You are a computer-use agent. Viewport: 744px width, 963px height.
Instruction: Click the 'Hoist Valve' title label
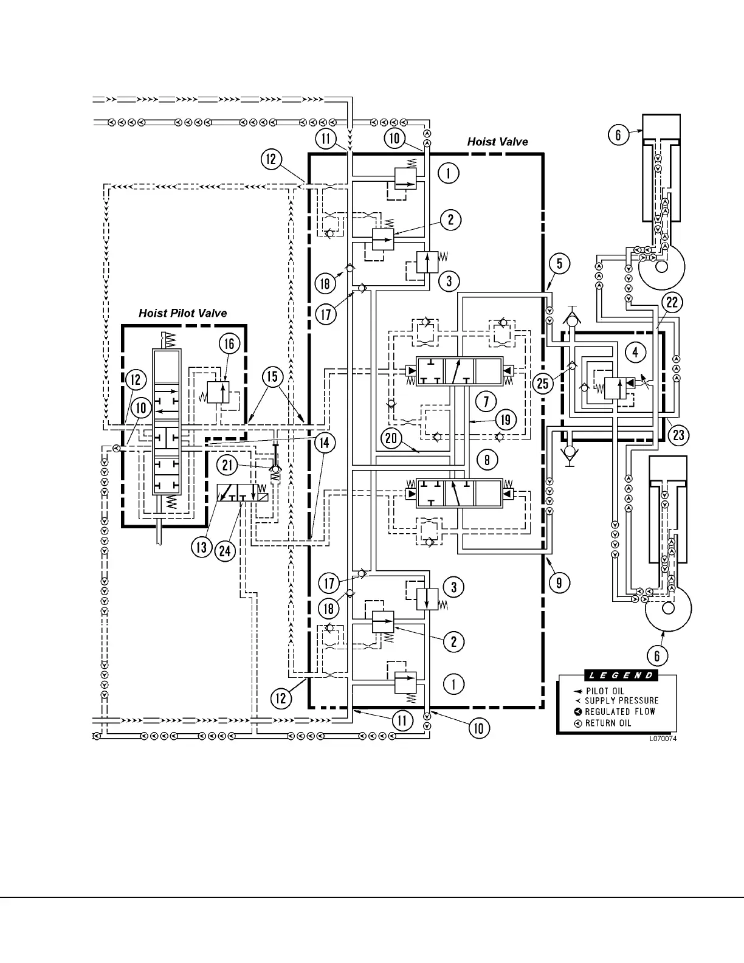coord(497,142)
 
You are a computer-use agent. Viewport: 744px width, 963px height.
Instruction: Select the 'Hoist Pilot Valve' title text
coord(182,313)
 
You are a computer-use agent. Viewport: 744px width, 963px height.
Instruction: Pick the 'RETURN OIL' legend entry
coord(608,723)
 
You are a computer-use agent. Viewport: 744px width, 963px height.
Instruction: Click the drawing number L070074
coord(663,739)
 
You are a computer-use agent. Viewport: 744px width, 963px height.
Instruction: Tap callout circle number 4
coord(635,352)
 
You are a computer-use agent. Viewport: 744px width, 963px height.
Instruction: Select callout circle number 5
coord(559,263)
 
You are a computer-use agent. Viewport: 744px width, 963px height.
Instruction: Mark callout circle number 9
coord(559,582)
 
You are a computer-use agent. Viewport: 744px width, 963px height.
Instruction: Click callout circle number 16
coord(229,344)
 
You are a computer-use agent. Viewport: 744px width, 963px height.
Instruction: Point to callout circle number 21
coord(227,466)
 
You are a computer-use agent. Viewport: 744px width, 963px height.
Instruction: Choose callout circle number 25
coord(543,383)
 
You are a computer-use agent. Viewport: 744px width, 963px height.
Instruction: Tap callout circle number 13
coord(201,547)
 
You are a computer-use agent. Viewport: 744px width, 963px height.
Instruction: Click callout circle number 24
coord(226,551)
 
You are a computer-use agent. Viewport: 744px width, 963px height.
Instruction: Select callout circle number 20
coord(392,438)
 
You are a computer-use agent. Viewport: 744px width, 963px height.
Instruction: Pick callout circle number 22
coord(672,303)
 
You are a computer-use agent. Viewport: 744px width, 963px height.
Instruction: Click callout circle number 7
coord(486,401)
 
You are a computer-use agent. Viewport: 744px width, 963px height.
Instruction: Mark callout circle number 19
coord(506,419)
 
